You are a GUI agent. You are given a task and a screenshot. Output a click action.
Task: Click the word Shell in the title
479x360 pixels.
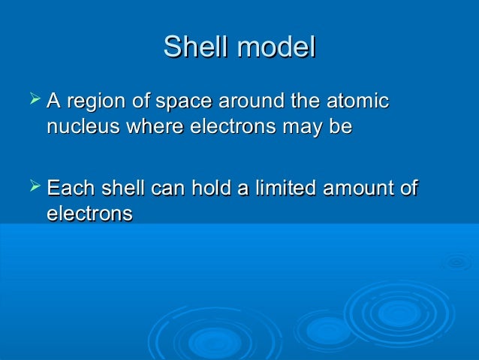pyautogui.click(x=196, y=47)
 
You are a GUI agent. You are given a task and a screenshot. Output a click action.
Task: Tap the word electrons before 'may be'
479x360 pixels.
pyautogui.click(x=239, y=126)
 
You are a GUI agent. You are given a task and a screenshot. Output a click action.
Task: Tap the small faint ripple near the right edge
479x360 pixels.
pyautogui.click(x=456, y=263)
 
